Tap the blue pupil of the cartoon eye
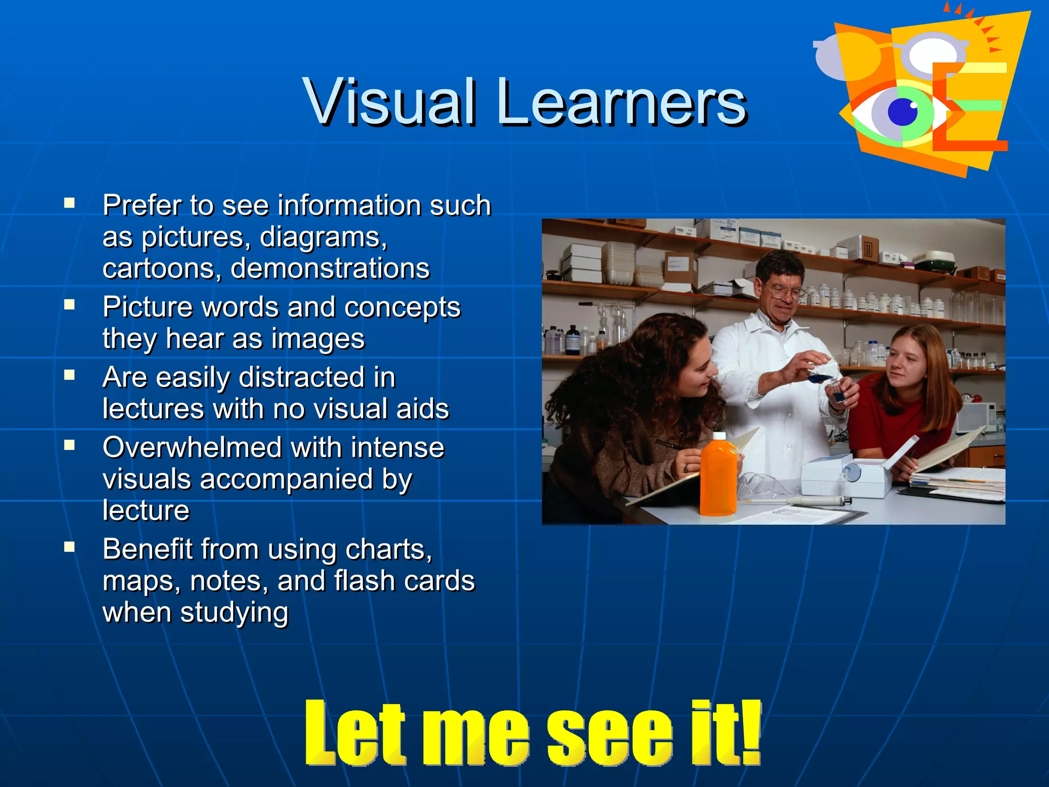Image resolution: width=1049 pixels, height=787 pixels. click(903, 111)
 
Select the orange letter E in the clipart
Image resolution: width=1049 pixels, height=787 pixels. click(968, 108)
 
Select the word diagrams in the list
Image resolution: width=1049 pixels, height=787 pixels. click(323, 237)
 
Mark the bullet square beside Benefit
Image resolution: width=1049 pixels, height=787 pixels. click(70, 547)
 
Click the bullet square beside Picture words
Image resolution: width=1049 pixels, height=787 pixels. click(70, 305)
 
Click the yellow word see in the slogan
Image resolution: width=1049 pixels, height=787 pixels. click(610, 734)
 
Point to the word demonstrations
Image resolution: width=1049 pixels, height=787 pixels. click(330, 268)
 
